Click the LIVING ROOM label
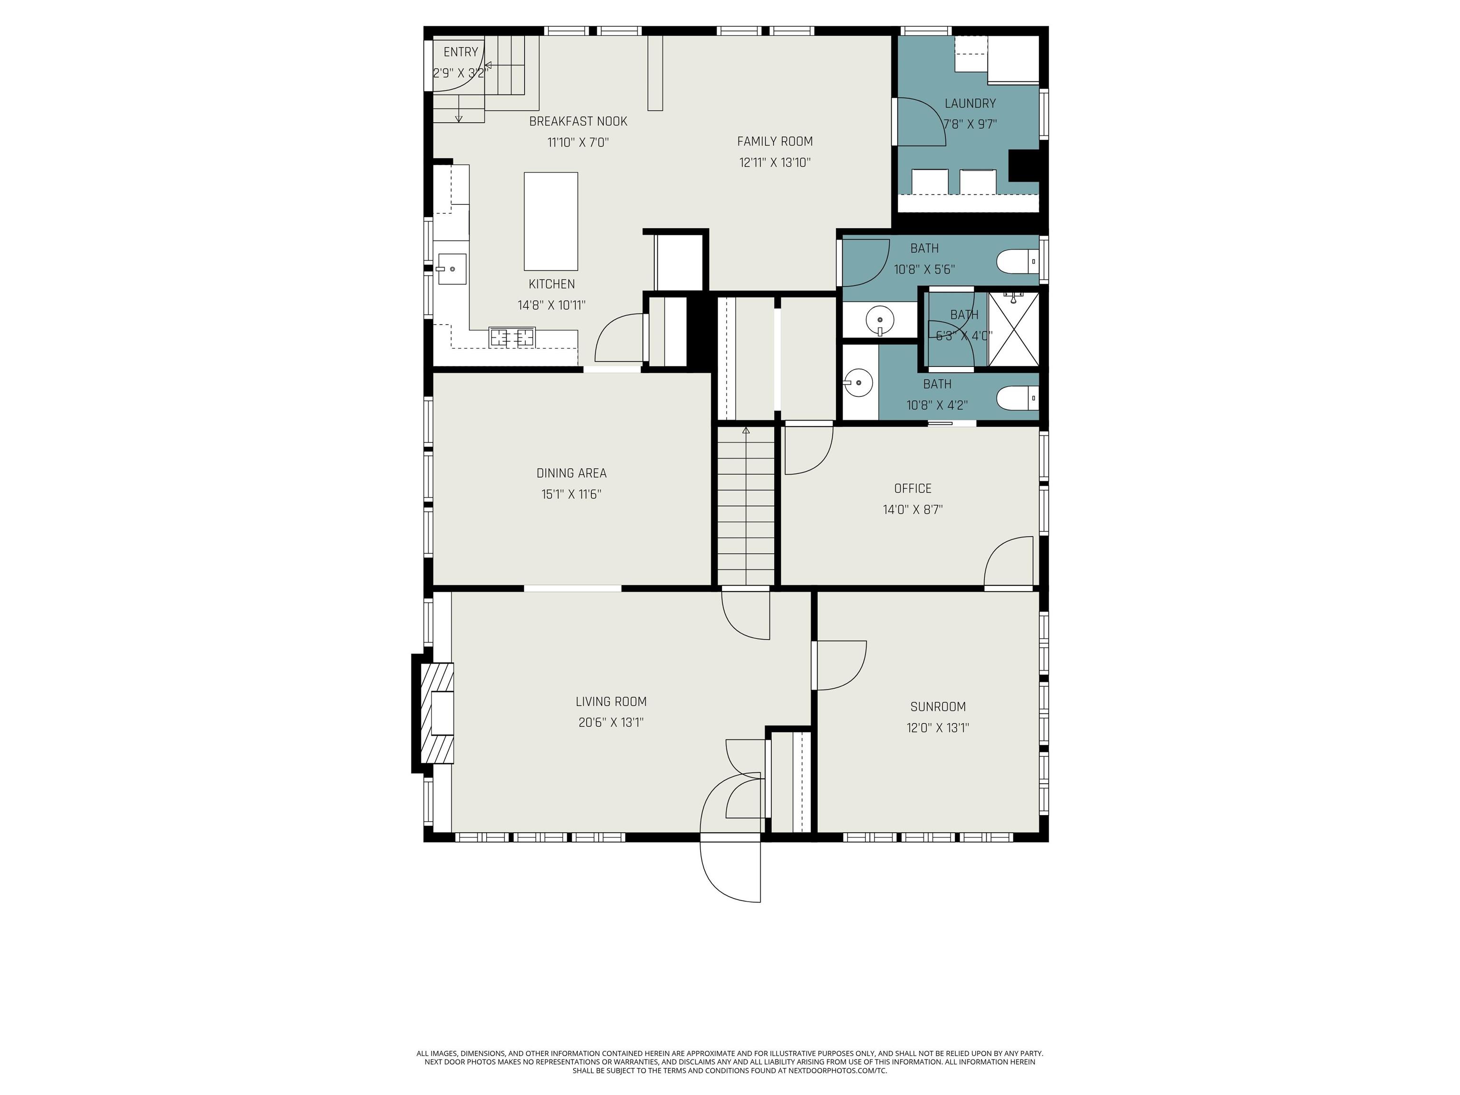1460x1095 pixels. coord(611,701)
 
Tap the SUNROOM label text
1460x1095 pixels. coord(938,707)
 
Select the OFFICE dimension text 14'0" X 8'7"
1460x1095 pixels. coord(913,509)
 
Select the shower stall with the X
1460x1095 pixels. coord(1013,329)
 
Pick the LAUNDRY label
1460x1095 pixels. coord(970,104)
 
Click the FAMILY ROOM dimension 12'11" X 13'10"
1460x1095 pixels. coord(774,163)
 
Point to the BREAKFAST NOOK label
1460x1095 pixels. coord(578,122)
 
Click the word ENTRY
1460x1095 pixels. coord(461,52)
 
